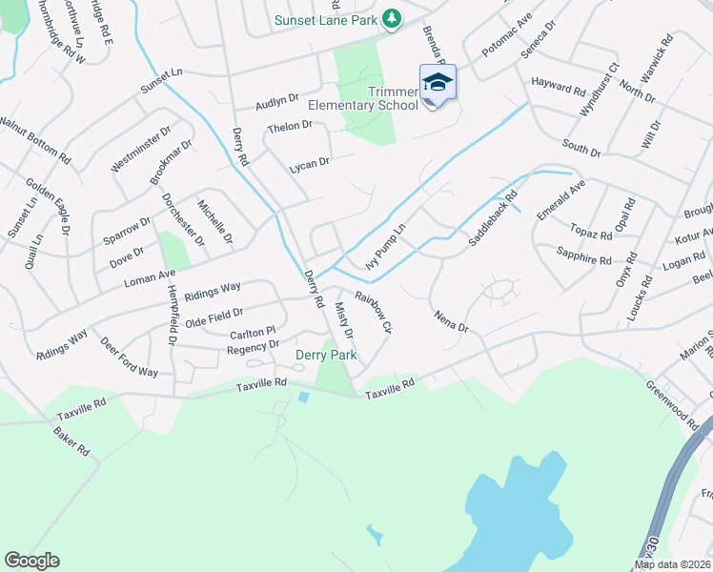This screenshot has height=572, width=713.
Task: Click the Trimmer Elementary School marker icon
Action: (x=438, y=83)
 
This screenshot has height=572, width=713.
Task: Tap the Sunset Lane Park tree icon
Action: (x=391, y=18)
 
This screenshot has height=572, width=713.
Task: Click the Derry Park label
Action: (x=326, y=356)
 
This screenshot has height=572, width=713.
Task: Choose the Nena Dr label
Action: (x=451, y=321)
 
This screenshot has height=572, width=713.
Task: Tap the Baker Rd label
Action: (x=71, y=440)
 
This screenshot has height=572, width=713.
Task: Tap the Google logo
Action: (x=32, y=561)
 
